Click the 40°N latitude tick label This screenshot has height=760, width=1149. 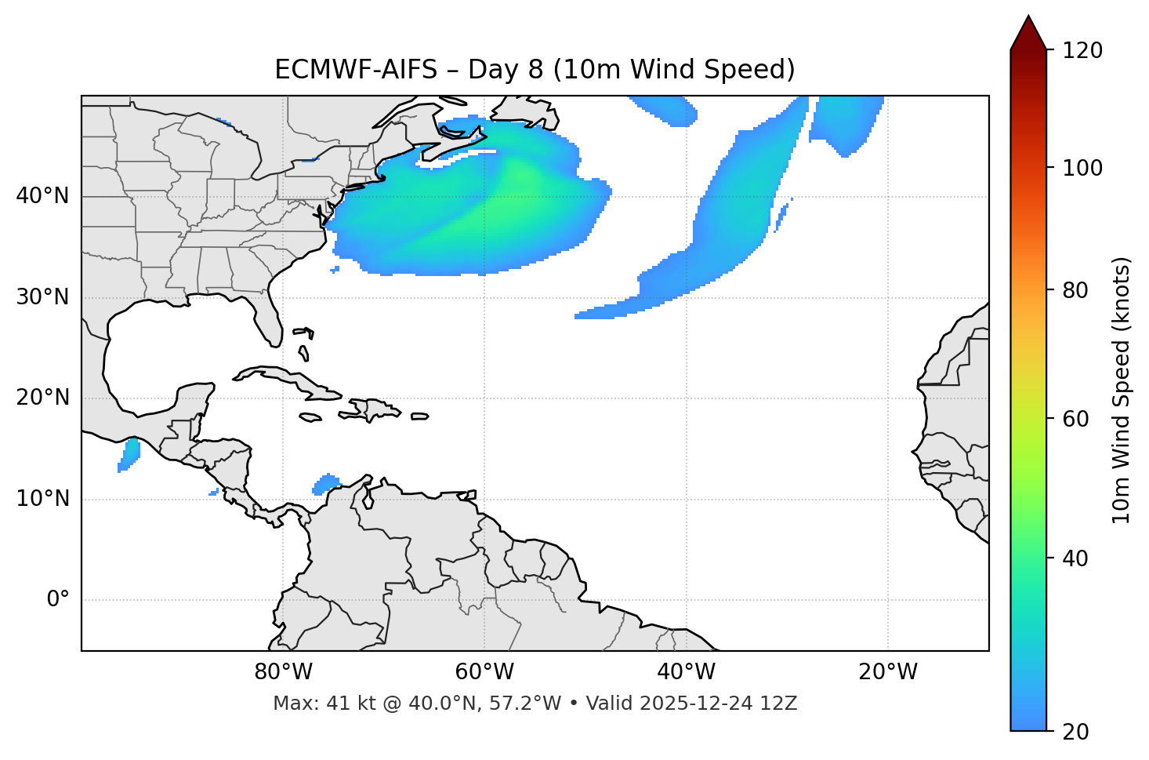42,196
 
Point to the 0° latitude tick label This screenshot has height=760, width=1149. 58,600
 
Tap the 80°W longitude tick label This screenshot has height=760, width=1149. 283,672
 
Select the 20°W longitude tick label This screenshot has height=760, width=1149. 888,672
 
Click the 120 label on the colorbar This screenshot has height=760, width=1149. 1082,50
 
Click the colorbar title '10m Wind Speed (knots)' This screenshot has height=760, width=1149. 1122,391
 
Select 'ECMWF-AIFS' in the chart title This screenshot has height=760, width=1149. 356,70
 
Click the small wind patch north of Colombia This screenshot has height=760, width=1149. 326,483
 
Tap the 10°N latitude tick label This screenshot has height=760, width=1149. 42,499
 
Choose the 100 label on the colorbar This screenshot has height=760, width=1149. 1082,168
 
